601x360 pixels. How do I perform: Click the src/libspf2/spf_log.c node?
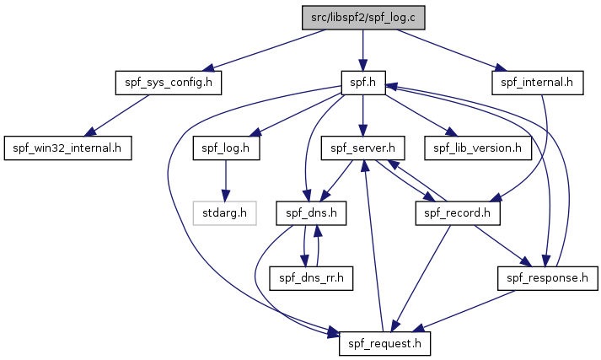pos(363,18)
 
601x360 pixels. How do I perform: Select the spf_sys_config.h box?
pos(169,83)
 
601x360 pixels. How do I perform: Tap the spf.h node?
pos(363,83)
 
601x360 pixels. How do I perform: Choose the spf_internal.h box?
pos(537,83)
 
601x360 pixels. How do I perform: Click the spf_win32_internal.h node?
pos(67,148)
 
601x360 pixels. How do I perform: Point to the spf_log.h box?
pos(226,148)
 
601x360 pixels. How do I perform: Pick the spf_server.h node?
pos(362,148)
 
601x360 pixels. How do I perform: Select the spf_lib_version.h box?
pos(478,148)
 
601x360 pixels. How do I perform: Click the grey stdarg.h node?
pos(224,213)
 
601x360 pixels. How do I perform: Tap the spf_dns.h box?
pos(311,213)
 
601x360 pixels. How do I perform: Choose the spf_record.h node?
pos(457,213)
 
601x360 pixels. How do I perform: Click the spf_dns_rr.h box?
pos(311,278)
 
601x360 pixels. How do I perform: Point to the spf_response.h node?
pos(547,278)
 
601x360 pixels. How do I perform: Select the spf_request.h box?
pos(384,344)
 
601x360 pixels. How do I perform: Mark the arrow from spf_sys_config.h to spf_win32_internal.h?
pos(116,116)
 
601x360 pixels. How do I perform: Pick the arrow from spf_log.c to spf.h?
pos(363,51)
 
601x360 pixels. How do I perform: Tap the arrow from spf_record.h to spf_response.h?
pos(503,245)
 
